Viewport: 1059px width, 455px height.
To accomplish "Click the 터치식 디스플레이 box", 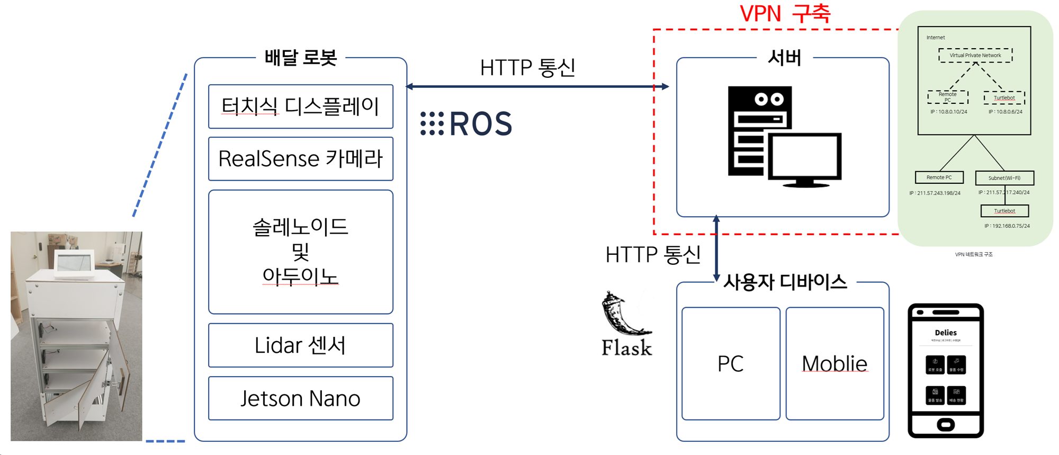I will click(x=300, y=106).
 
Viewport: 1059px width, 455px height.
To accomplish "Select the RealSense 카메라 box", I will click(x=300, y=159).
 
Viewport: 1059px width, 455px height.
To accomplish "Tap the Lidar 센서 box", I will click(x=300, y=345).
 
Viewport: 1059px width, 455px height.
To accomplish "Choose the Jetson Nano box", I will click(x=300, y=398).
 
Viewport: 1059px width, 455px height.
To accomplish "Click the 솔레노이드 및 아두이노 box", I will click(x=300, y=252).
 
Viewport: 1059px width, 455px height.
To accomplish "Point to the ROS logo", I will click(x=466, y=124).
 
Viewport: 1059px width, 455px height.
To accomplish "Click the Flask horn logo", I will click(x=625, y=315).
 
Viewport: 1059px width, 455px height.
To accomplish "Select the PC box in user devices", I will click(x=731, y=364).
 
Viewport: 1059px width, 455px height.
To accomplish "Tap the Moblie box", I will click(x=834, y=364).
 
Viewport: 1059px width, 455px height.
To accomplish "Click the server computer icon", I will click(x=784, y=138).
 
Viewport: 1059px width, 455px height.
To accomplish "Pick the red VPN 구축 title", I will click(x=785, y=14).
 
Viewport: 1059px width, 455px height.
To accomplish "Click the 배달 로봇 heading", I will click(x=300, y=58).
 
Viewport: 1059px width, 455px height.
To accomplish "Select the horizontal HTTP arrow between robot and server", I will click(x=537, y=86).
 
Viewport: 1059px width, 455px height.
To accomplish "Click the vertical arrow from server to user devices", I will click(x=716, y=248).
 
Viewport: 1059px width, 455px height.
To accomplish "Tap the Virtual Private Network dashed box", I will click(x=975, y=56).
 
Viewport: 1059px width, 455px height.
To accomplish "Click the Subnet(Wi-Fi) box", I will click(x=1004, y=178).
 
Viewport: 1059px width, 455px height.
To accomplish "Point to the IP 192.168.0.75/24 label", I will click(x=1007, y=226).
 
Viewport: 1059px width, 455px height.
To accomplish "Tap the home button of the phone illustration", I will click(x=945, y=424).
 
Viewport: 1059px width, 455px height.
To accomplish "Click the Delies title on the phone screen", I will click(x=946, y=333).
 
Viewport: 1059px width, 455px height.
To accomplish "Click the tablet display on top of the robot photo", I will click(x=74, y=262).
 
